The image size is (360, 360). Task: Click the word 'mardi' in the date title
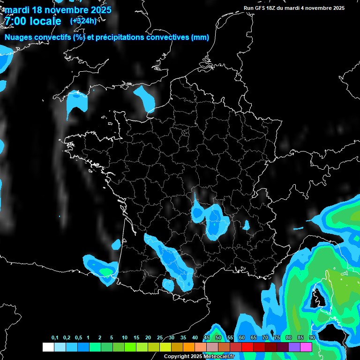click(x=16, y=10)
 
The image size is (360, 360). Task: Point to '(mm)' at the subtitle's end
click(x=200, y=37)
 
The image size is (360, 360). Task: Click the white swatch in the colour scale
click(x=48, y=347)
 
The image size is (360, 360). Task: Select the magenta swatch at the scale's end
click(x=306, y=347)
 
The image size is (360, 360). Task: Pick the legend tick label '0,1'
click(x=55, y=338)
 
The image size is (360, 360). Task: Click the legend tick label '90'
click(x=312, y=338)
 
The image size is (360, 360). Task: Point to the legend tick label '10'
click(x=124, y=338)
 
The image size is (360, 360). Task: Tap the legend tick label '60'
click(x=241, y=338)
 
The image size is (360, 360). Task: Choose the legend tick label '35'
click(x=183, y=338)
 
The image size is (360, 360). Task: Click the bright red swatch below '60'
click(x=247, y=347)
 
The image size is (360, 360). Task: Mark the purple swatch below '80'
click(x=294, y=347)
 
